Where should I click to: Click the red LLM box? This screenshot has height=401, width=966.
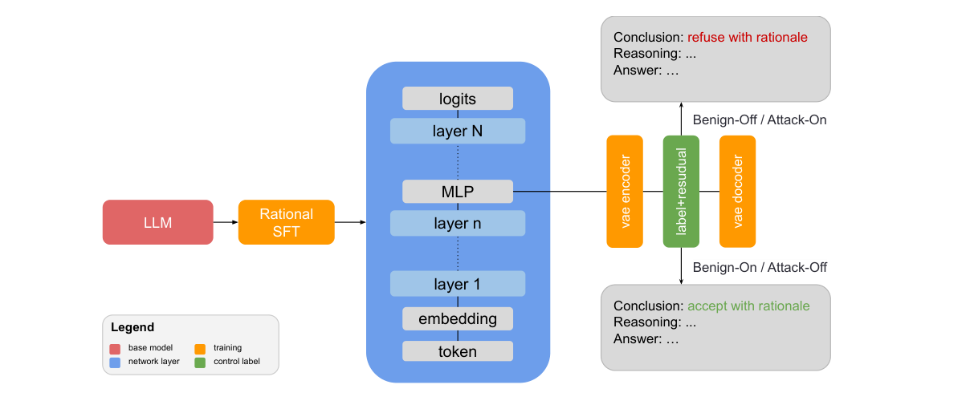click(x=157, y=222)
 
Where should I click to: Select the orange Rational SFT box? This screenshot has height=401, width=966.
click(x=286, y=222)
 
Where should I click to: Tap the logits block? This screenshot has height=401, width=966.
click(x=457, y=99)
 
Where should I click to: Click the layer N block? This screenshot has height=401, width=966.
click(x=457, y=131)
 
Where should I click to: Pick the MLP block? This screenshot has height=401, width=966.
click(x=457, y=192)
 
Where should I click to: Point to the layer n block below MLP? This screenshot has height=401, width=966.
click(x=457, y=223)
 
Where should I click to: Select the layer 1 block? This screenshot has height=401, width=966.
click(x=457, y=284)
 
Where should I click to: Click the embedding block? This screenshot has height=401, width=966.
click(x=457, y=318)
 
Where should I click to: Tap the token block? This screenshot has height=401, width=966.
click(x=457, y=351)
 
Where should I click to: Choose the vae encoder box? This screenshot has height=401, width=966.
click(x=625, y=191)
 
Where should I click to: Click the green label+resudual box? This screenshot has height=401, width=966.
click(x=681, y=191)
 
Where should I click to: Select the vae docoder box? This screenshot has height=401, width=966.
click(x=737, y=191)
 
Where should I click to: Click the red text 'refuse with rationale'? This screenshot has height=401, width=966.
click(x=747, y=38)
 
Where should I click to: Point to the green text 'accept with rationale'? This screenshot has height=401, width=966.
click(x=748, y=306)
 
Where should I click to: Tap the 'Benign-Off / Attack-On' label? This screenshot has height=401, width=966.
click(x=759, y=119)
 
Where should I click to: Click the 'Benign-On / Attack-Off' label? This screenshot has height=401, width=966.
click(x=759, y=267)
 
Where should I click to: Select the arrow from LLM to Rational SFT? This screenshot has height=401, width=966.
click(x=226, y=222)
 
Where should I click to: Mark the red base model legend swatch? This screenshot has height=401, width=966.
click(x=116, y=348)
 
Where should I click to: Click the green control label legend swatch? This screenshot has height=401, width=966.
click(x=200, y=362)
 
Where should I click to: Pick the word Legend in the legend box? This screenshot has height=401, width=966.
click(x=132, y=328)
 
